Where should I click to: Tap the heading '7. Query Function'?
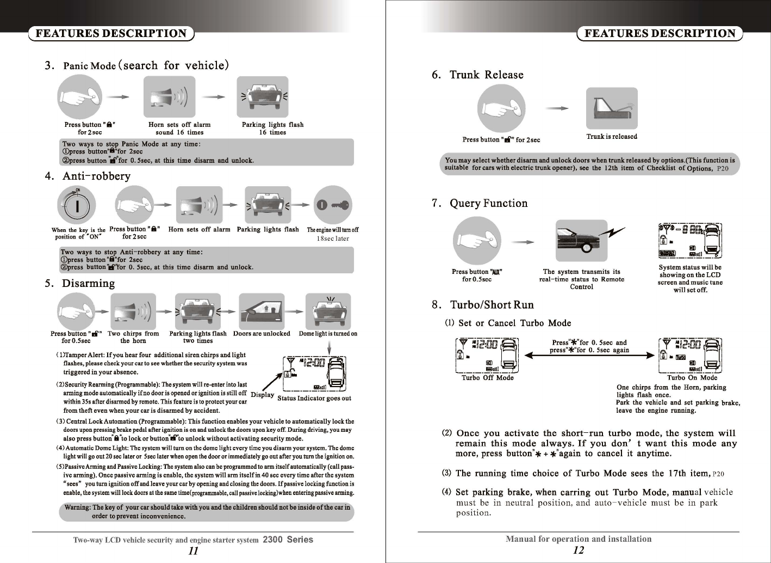click(480, 203)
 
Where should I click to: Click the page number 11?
click(193, 550)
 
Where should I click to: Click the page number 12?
click(579, 550)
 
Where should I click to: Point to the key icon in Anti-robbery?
click(333, 205)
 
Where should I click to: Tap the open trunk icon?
click(612, 108)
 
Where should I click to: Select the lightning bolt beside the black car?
click(614, 233)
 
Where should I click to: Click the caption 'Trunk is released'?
click(612, 137)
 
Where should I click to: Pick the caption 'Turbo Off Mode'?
click(487, 377)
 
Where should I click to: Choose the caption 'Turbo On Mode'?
click(692, 377)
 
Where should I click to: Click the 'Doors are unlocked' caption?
click(262, 334)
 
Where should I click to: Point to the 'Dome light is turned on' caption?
click(328, 334)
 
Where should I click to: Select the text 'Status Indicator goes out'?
click(314, 398)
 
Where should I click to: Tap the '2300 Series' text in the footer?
click(288, 540)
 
